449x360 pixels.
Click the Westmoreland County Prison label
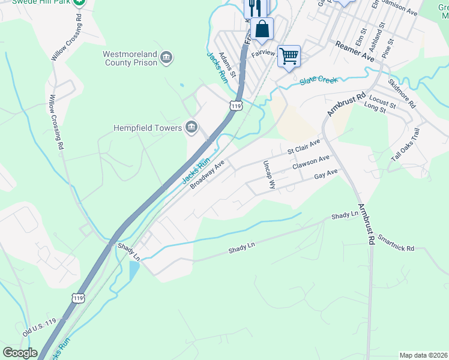130,58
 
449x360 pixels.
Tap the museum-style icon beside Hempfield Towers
191,127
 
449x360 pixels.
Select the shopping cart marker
289,56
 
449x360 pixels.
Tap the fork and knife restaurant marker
255,7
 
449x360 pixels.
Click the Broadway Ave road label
207,175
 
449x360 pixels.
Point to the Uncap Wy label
268,175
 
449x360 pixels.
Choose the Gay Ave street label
327,175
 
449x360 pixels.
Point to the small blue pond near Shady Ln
133,271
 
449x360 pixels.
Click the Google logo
20,353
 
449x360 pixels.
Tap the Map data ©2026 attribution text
423,355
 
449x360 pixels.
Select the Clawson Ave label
311,162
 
